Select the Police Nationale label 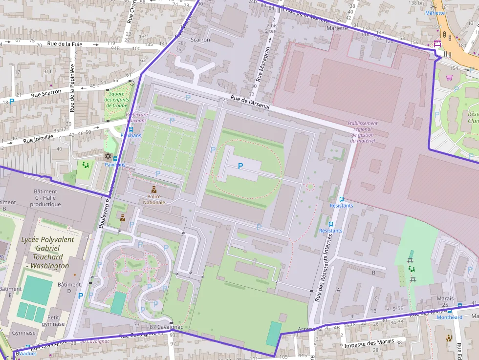[153, 199]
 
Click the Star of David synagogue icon [109, 156]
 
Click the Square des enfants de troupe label [116, 99]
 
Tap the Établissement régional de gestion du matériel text [362, 132]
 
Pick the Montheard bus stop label [449, 317]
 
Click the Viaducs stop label [28, 353]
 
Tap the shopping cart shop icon [449, 77]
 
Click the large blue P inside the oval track [240, 166]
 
